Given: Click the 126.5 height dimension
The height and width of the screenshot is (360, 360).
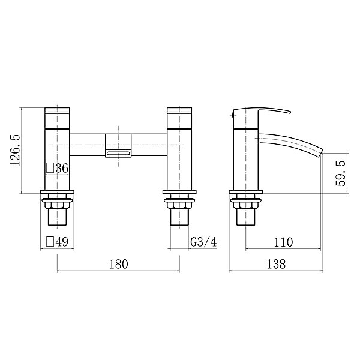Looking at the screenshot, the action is click(15, 150).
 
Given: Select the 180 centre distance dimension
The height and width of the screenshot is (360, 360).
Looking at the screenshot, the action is click(118, 264).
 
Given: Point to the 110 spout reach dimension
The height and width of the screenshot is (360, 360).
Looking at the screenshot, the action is click(283, 242).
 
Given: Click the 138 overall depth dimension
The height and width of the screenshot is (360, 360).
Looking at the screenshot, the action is click(276, 264).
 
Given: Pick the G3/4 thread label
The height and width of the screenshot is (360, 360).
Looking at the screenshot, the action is click(203, 242).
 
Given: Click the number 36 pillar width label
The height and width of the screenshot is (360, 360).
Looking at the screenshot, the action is click(62, 168).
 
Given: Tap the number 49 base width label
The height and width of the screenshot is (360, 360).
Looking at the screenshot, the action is click(62, 242).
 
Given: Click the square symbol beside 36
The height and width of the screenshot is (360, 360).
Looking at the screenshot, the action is click(50, 168).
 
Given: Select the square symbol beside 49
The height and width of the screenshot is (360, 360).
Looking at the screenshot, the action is click(50, 242).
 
